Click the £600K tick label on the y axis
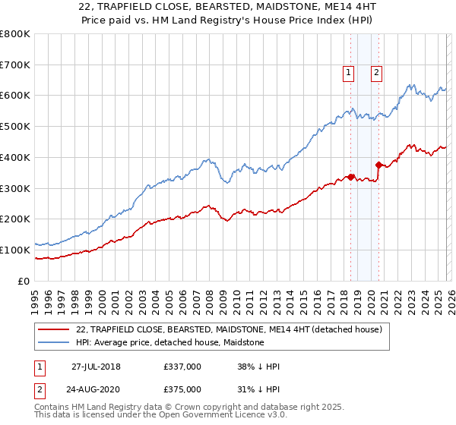pyautogui.click(x=14, y=96)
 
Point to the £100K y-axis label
pyautogui.click(x=14, y=250)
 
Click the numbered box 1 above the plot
pyautogui.click(x=348, y=73)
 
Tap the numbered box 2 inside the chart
pyautogui.click(x=376, y=73)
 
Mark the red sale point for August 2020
pyautogui.click(x=378, y=164)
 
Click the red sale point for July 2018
pyautogui.click(x=351, y=177)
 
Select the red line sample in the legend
pyautogui.click(x=53, y=329)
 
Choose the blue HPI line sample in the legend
pyautogui.click(x=53, y=342)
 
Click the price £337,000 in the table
pyautogui.click(x=182, y=367)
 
